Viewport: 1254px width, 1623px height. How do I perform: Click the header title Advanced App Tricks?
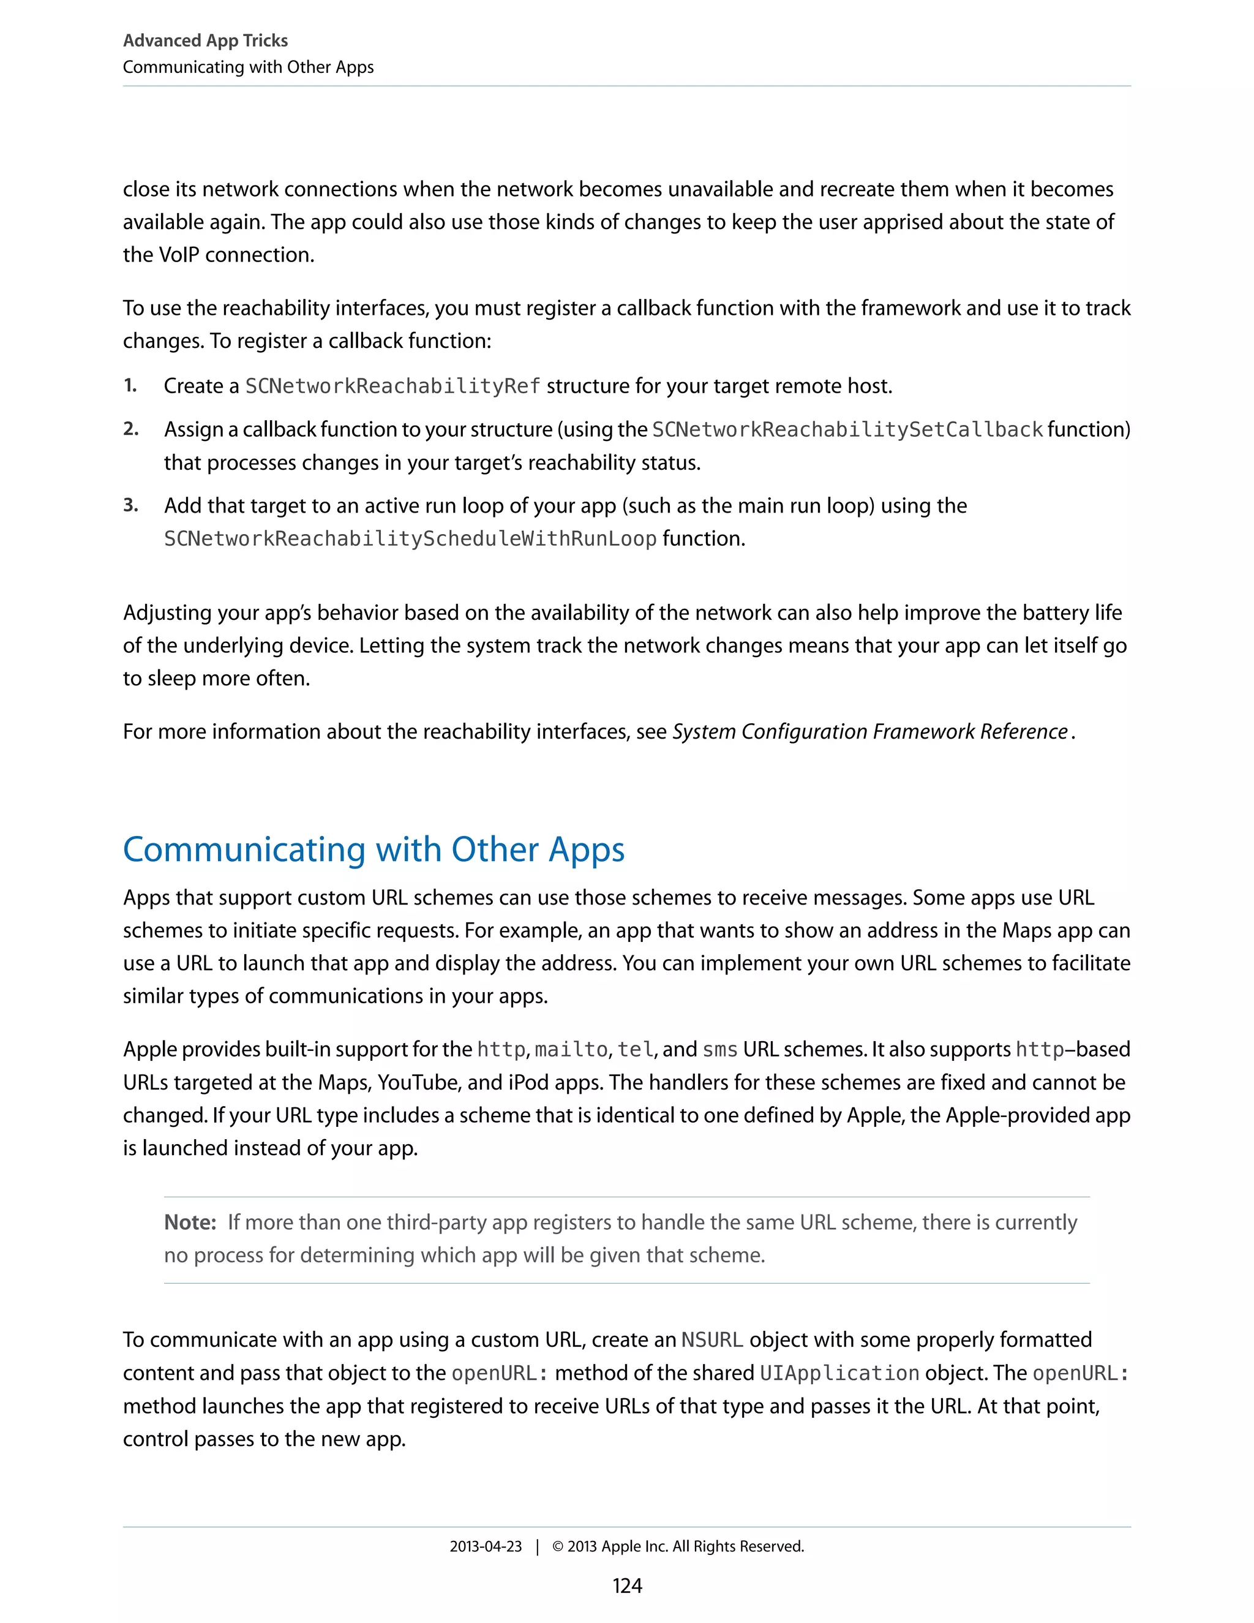pyautogui.click(x=205, y=40)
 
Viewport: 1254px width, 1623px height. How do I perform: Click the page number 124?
pyautogui.click(x=626, y=1586)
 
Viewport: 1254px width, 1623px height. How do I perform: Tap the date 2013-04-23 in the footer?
pyautogui.click(x=485, y=1546)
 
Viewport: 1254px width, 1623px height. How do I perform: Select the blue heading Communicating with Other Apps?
pyautogui.click(x=374, y=849)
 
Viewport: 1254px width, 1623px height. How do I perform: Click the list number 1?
pyautogui.click(x=130, y=385)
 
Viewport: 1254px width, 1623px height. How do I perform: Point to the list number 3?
pyautogui.click(x=130, y=505)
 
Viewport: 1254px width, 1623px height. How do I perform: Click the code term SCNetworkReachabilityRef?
pyautogui.click(x=392, y=386)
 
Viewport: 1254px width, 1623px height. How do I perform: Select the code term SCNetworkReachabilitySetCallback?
pyautogui.click(x=847, y=429)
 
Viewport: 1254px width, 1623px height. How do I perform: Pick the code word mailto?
pyautogui.click(x=571, y=1049)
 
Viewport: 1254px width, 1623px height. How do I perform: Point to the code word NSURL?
pyautogui.click(x=711, y=1340)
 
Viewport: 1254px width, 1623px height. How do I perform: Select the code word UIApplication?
pyautogui.click(x=839, y=1373)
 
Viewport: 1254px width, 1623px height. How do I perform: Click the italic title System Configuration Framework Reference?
pyautogui.click(x=870, y=732)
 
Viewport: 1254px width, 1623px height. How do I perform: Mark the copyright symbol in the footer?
pyautogui.click(x=558, y=1546)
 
